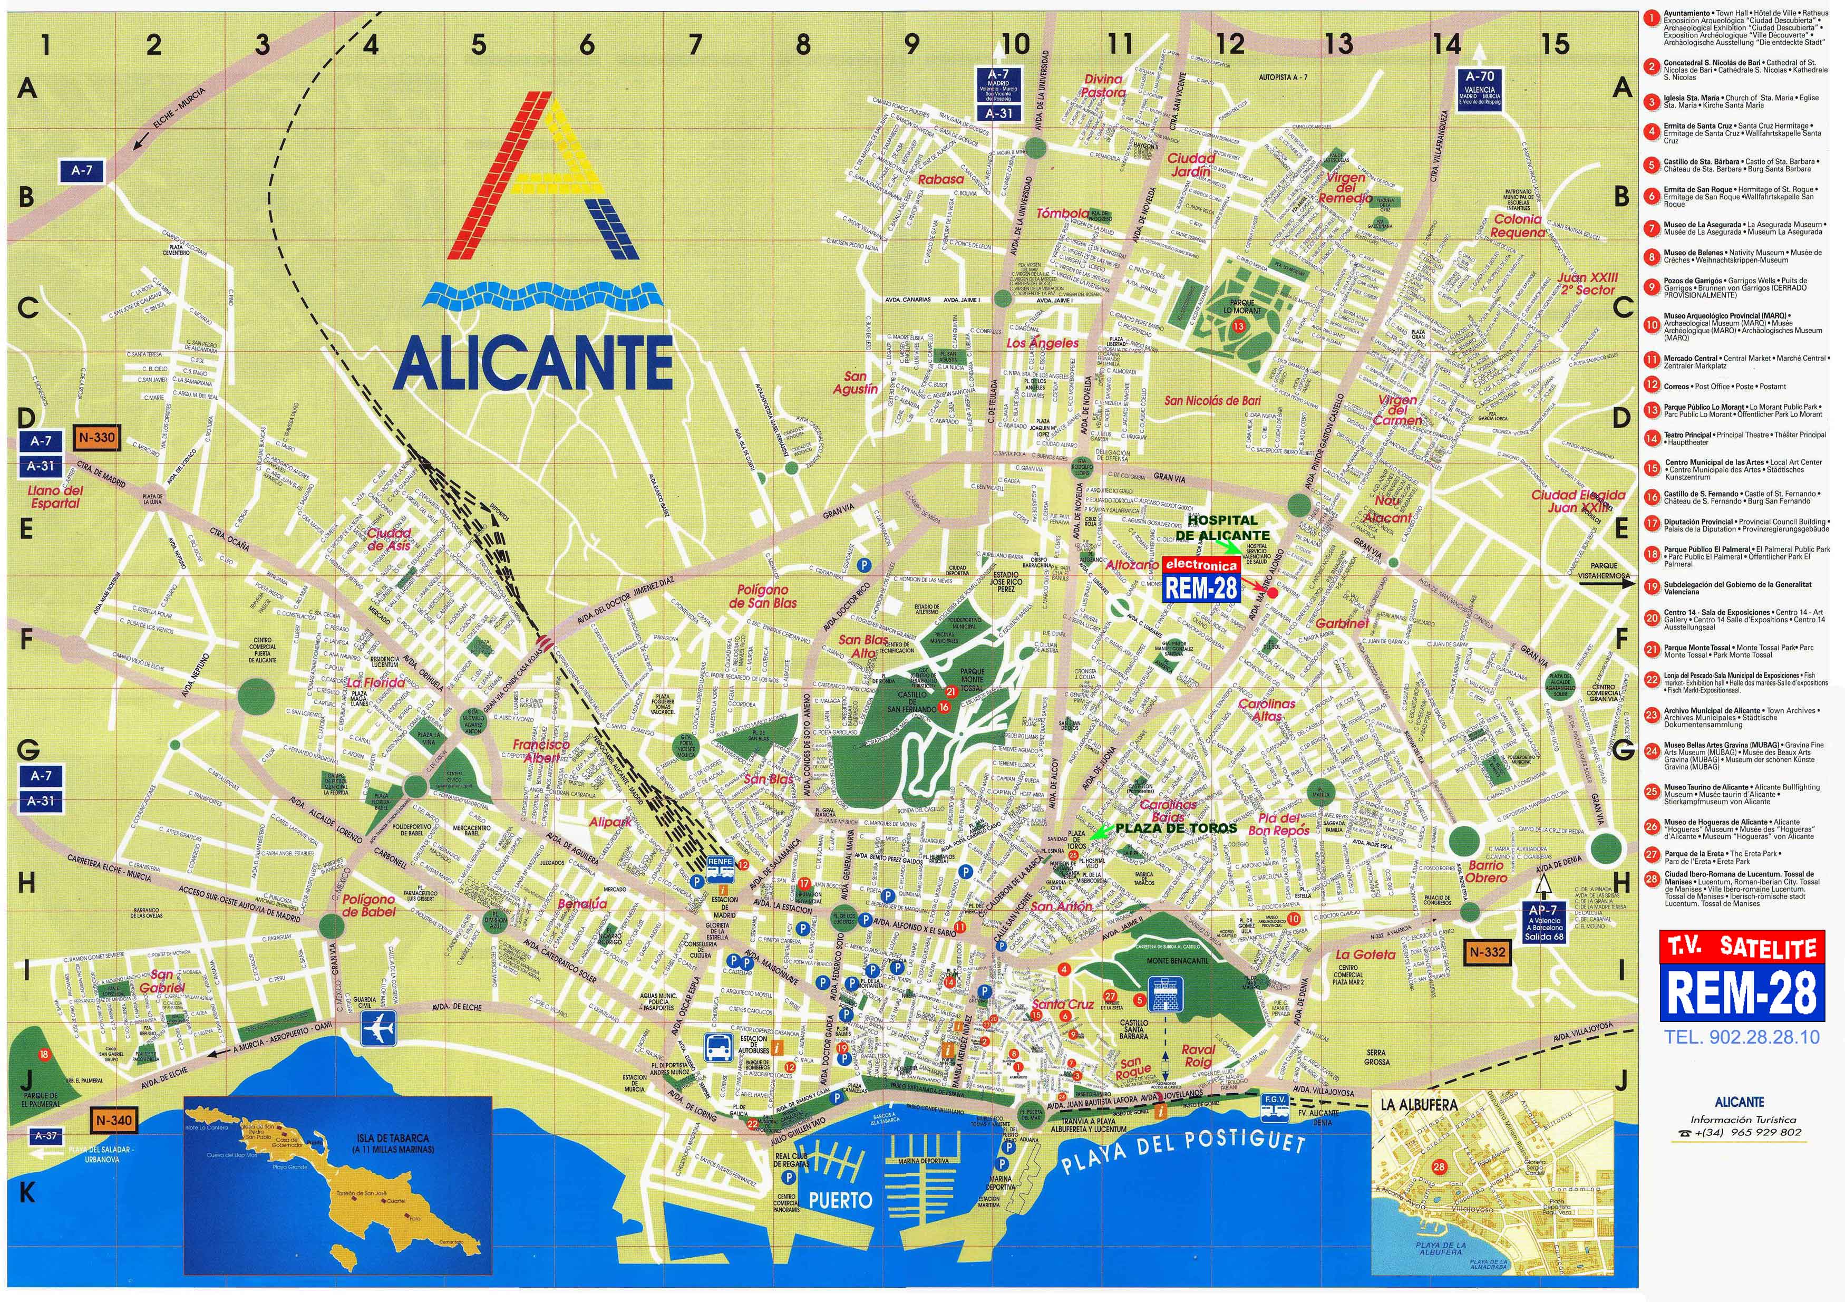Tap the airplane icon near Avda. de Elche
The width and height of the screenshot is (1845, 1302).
378,1029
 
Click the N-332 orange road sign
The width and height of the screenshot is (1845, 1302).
1488,952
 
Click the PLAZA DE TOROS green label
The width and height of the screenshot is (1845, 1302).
1177,828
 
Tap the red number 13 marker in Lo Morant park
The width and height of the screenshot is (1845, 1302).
1238,326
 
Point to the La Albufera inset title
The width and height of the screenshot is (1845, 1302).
1419,1104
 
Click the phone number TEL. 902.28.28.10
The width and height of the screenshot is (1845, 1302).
1741,1037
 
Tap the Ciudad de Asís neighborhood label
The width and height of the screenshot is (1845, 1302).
389,539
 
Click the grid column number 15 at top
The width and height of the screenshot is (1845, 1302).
1555,44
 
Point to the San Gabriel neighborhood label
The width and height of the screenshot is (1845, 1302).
162,980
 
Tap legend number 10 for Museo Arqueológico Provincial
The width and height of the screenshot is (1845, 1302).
1652,325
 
